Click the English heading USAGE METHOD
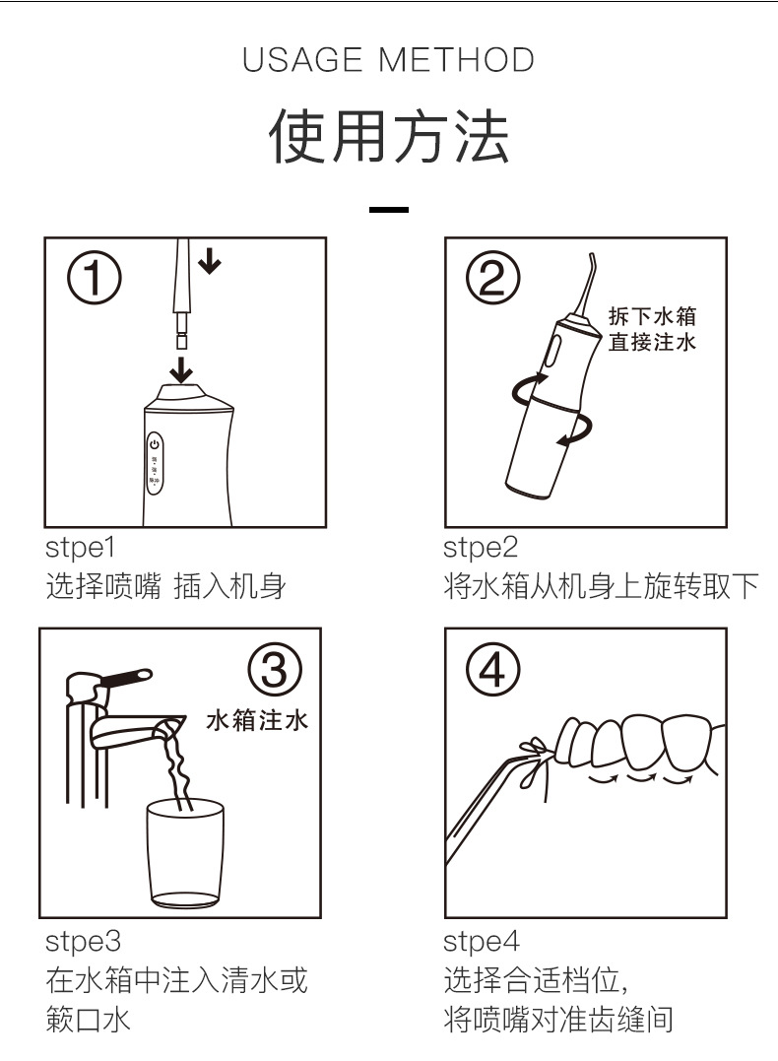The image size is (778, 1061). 388,59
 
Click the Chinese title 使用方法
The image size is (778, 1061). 388,137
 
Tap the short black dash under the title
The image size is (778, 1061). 388,210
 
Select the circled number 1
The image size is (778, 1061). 94,278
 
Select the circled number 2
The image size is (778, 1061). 492,278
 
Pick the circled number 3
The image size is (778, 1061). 275,670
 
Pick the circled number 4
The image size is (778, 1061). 492,670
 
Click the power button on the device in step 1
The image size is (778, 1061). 155,444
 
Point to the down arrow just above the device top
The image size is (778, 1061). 180,369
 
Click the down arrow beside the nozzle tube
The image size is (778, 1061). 210,260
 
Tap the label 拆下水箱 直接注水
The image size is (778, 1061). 652,329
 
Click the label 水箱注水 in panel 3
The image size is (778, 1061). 257,720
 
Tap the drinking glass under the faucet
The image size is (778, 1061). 185,853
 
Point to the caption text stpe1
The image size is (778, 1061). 80,548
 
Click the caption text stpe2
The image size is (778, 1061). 481,548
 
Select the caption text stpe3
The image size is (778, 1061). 83,941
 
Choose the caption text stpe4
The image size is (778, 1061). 481,941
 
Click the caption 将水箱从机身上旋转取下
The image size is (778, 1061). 602,586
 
